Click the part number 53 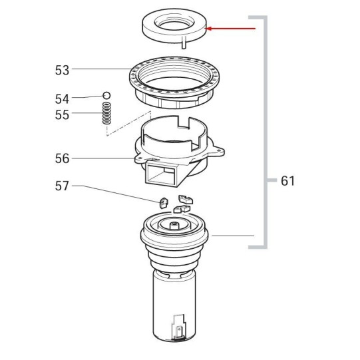62,71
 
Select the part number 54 62,99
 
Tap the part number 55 62,114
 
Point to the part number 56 62,158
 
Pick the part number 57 62,186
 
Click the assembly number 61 287,181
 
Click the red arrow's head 208,29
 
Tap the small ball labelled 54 106,95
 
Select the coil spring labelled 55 106,113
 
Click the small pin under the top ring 184,44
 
